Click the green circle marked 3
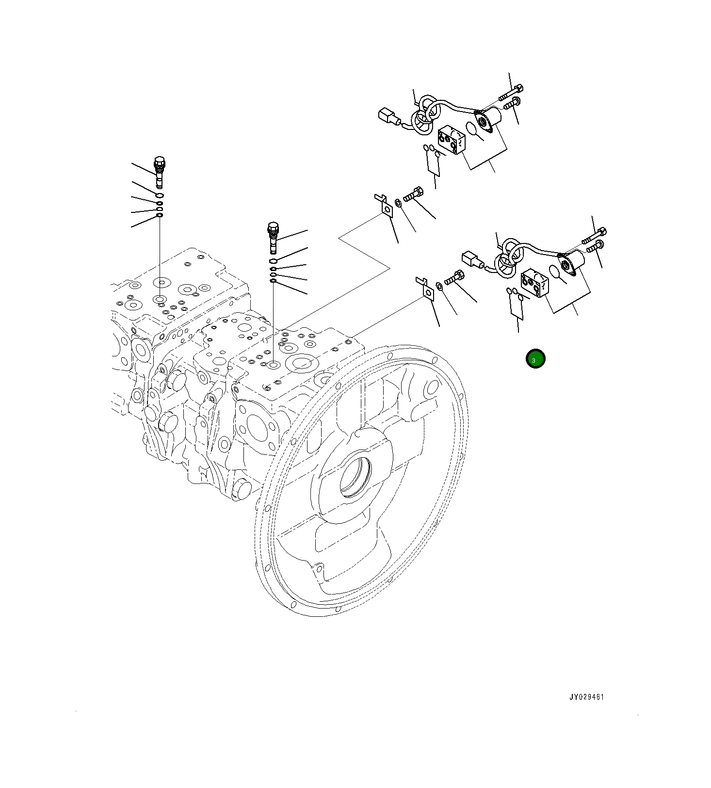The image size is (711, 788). pos(535,359)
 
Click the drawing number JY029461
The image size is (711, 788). pos(586,697)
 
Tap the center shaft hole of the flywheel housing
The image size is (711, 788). pos(355,477)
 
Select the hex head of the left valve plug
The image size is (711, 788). pos(159,161)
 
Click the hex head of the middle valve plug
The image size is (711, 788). pos(273,226)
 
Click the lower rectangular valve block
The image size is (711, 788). pos(534,285)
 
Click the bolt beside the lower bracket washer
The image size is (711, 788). pos(454,278)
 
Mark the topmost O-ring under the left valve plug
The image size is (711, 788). pos(159,195)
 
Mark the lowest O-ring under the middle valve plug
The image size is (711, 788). pos(273,281)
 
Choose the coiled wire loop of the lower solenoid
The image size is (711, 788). pos(507,258)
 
